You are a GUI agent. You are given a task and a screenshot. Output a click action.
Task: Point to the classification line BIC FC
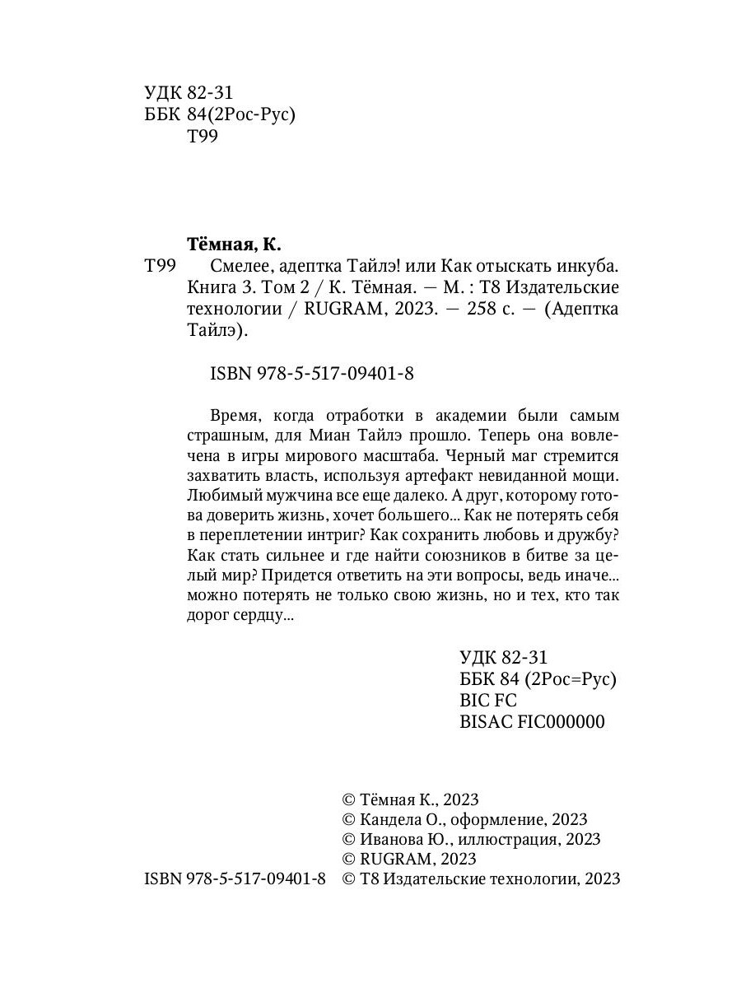[x=487, y=701]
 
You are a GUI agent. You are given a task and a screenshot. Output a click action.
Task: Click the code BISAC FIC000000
[x=531, y=722]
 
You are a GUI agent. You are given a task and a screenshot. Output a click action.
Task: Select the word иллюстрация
[x=506, y=839]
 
